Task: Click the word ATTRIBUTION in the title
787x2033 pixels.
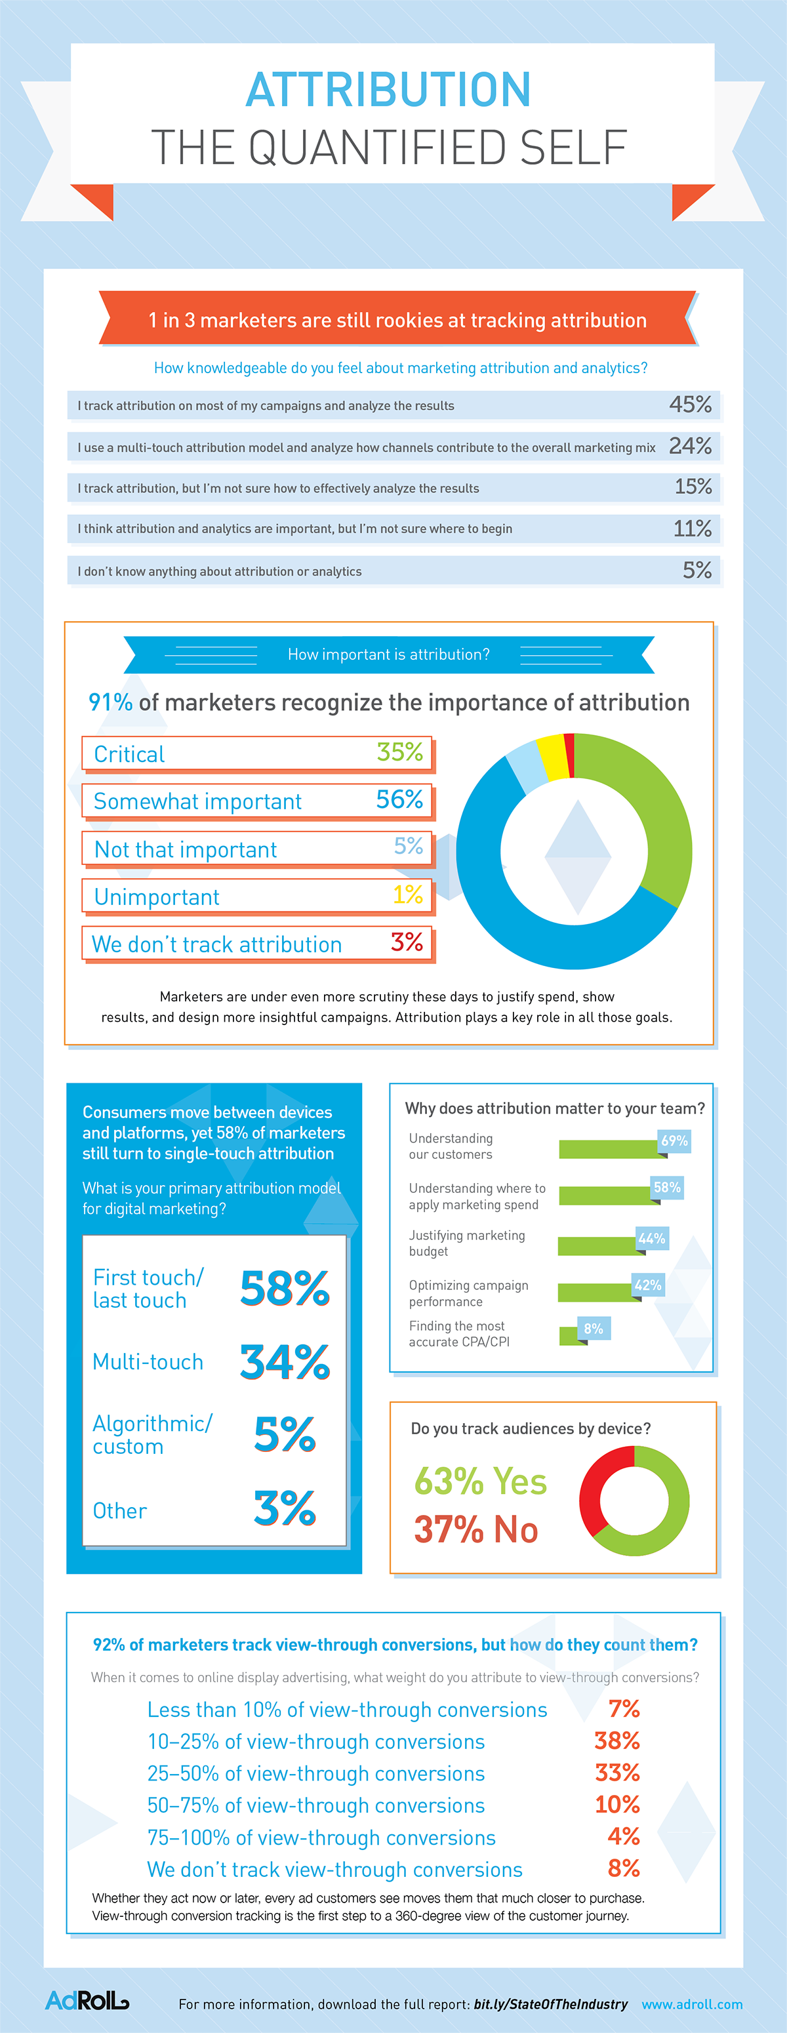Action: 388,89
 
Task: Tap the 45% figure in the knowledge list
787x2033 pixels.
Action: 690,405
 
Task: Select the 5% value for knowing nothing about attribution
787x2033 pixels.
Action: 696,570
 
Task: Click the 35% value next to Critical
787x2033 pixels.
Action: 399,752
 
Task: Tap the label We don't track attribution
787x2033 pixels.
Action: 217,944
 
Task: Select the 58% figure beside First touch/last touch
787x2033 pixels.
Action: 284,1289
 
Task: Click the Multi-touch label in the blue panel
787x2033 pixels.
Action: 148,1361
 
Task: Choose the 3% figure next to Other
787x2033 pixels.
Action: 284,1508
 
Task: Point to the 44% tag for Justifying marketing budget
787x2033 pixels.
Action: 652,1238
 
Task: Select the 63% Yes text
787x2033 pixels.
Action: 480,1481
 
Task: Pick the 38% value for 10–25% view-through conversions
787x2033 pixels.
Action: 616,1741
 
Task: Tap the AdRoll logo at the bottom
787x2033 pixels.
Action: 87,2000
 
